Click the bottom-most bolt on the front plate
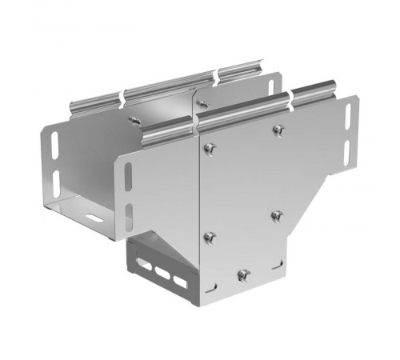point(245,276)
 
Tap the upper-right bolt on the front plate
point(277,130)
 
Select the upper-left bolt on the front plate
point(210,146)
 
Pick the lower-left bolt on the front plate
point(210,237)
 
